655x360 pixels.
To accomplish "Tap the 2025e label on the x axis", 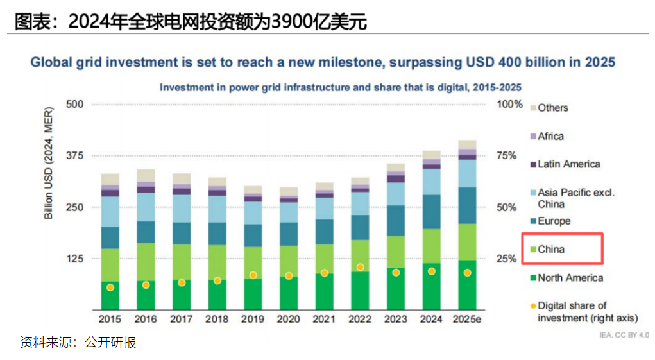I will click(x=467, y=319).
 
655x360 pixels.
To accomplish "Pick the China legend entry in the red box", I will click(x=551, y=249).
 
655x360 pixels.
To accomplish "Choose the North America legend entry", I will click(x=570, y=278).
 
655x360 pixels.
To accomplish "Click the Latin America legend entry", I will click(x=568, y=164).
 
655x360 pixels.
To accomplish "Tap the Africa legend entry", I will click(x=550, y=136).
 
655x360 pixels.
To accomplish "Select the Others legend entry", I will click(x=552, y=108).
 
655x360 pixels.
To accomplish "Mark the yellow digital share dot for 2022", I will click(x=361, y=267).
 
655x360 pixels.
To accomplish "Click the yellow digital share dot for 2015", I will click(x=110, y=287).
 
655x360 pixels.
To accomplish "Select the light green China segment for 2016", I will click(x=146, y=261).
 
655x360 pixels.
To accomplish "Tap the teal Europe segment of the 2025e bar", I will click(x=467, y=205).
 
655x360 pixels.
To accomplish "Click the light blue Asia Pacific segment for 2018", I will click(x=217, y=209).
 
